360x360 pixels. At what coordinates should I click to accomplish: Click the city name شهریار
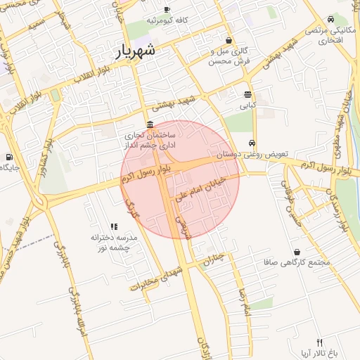(135, 51)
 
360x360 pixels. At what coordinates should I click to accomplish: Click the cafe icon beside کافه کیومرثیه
(167, 9)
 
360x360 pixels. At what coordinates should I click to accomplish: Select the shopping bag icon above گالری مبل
(229, 40)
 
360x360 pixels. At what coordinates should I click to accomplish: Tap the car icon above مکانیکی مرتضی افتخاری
(331, 19)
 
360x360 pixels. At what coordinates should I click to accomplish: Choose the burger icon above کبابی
(247, 94)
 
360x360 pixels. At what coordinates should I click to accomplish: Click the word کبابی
(247, 106)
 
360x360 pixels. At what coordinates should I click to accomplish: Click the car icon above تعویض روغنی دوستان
(252, 143)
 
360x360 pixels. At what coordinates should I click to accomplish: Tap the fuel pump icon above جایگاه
(8, 157)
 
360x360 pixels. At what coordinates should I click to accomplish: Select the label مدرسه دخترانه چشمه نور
(114, 243)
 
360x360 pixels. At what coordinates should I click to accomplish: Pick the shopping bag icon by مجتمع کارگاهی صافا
(297, 252)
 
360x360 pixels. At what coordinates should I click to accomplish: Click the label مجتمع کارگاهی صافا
(297, 263)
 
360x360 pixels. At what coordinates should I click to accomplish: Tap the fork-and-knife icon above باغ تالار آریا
(320, 341)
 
